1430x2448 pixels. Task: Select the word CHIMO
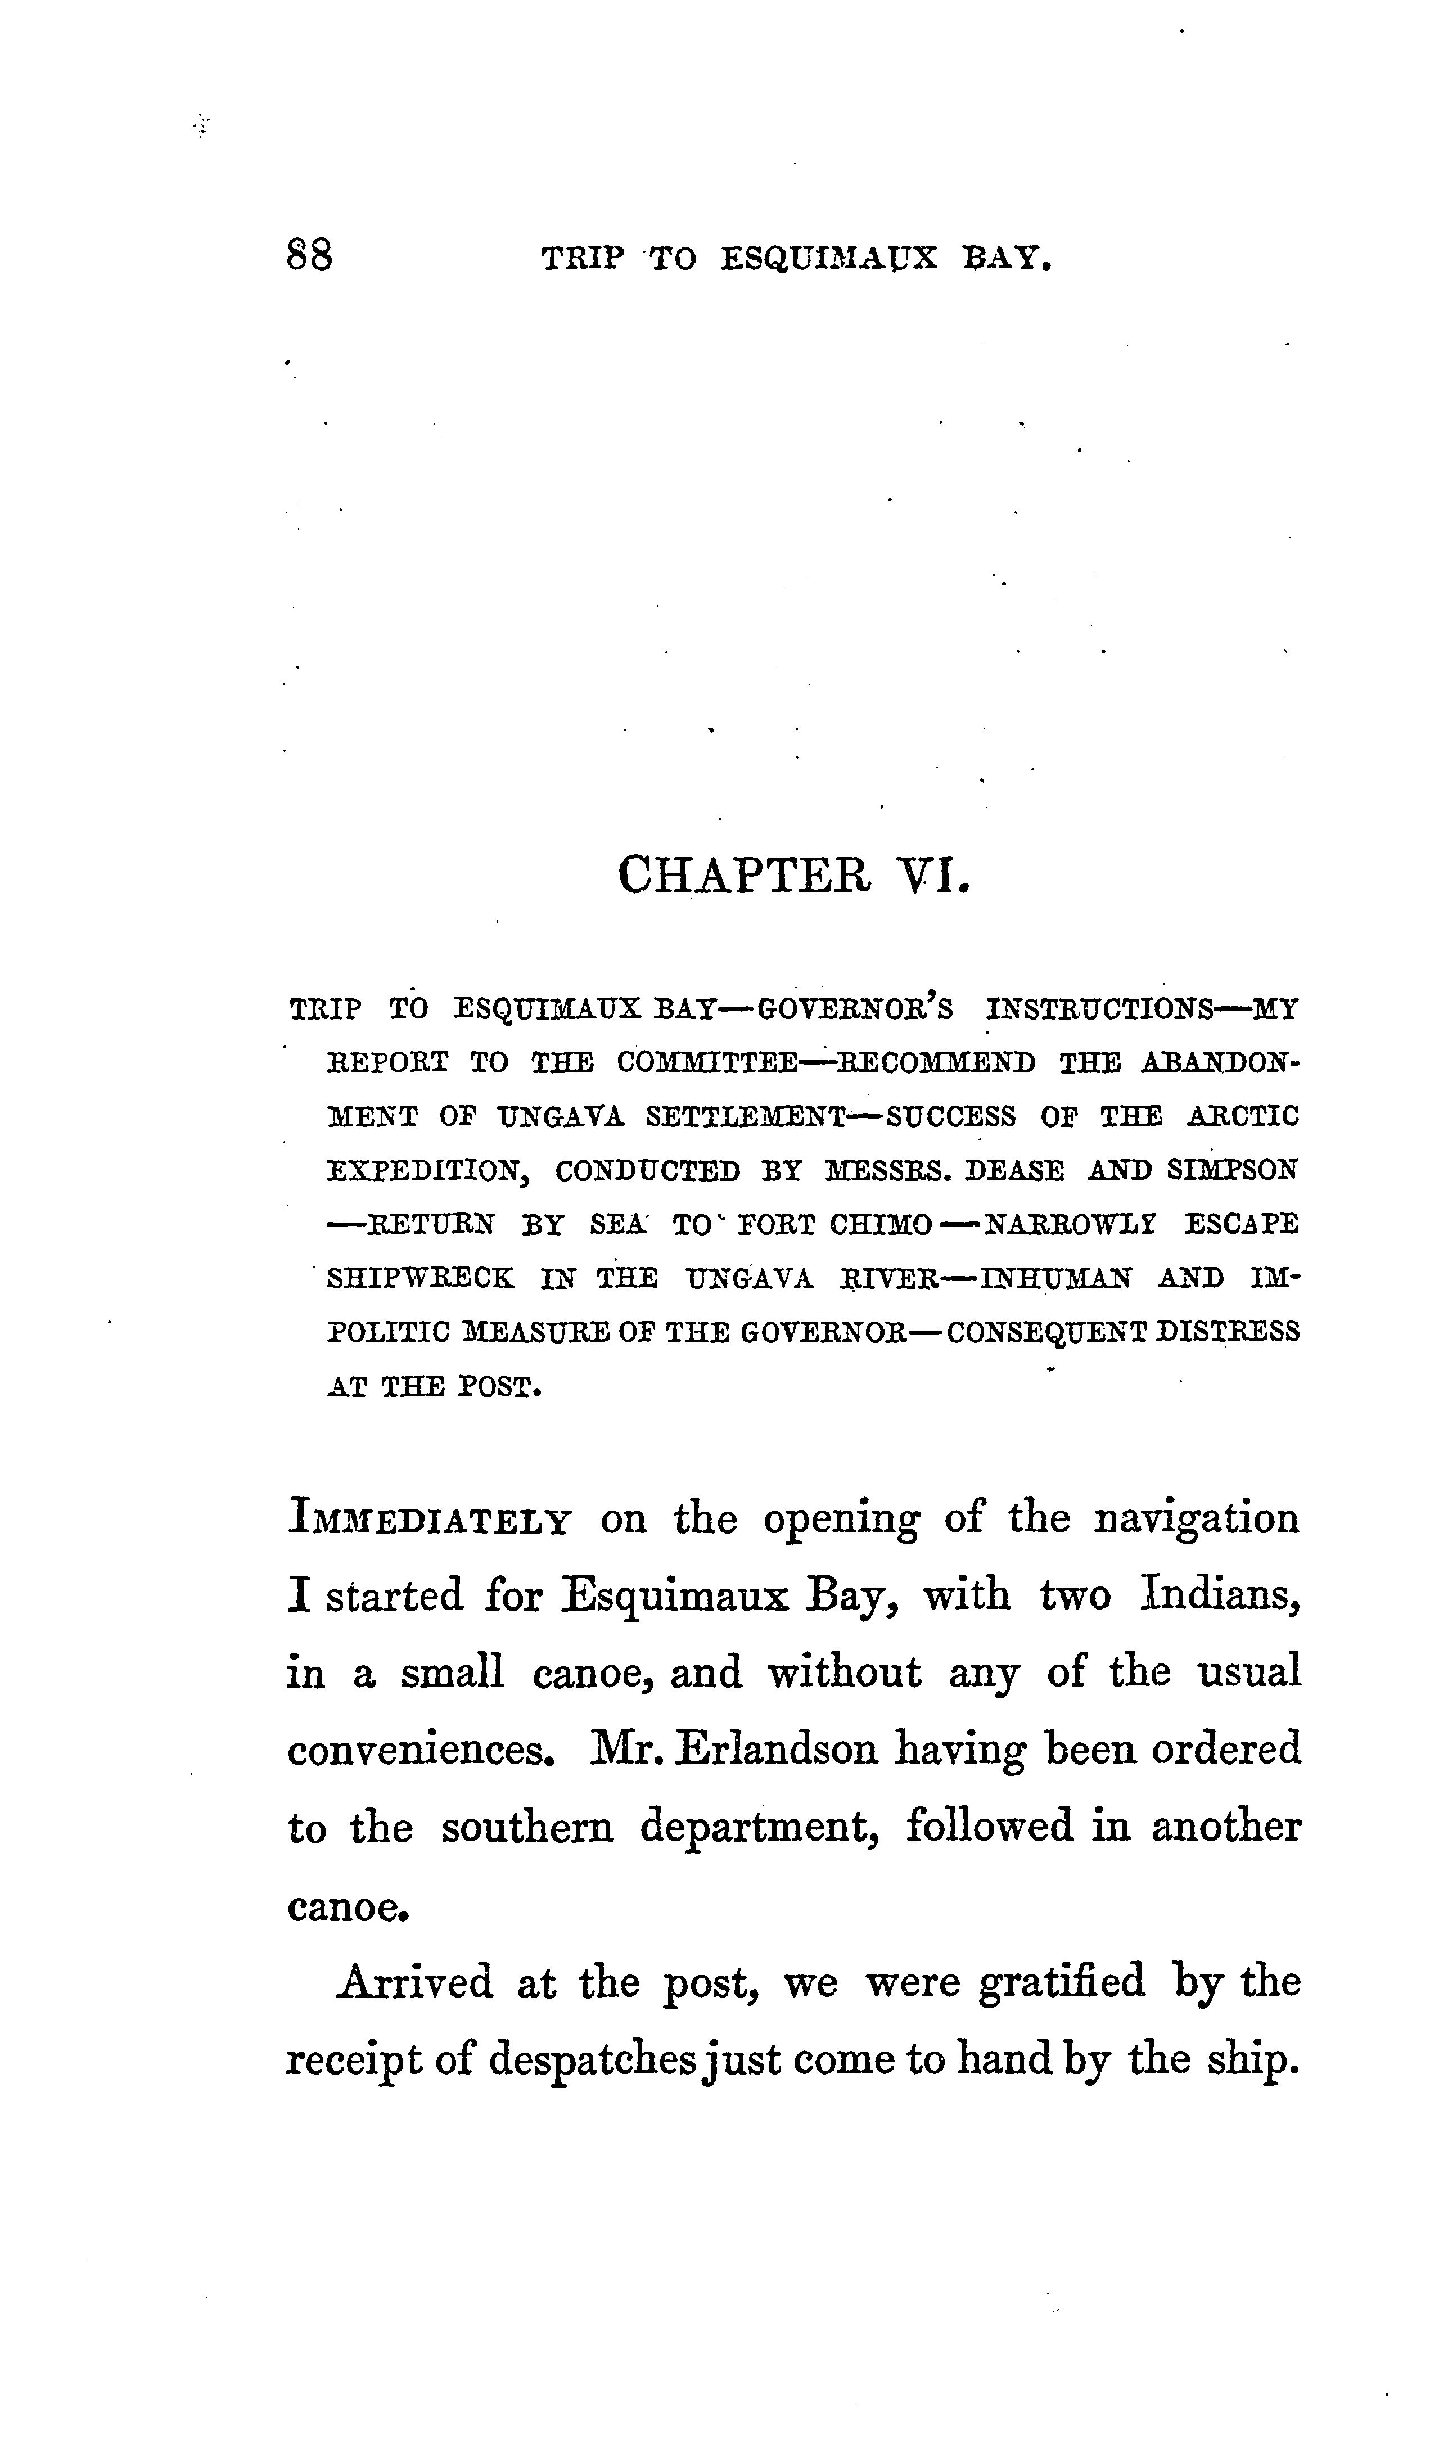click(881, 1223)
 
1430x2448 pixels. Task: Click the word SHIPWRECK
click(419, 1278)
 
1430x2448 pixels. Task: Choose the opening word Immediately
click(428, 1520)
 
